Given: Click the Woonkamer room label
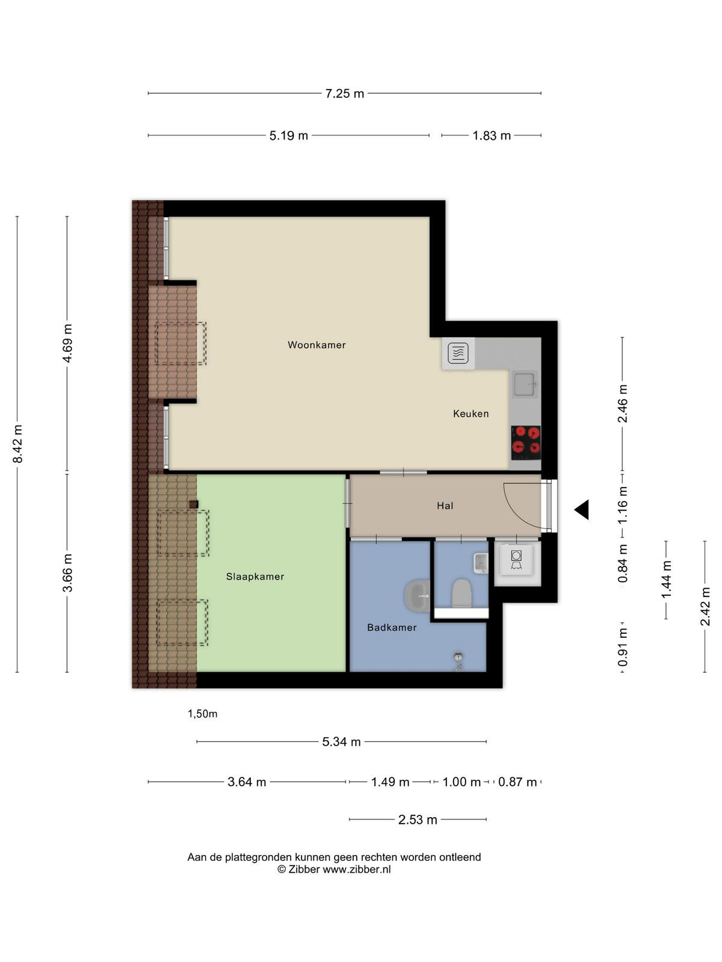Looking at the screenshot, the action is pyautogui.click(x=316, y=345).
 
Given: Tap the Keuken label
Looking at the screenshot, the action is pyautogui.click(x=471, y=413).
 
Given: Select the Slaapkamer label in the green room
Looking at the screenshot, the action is pyautogui.click(x=255, y=577).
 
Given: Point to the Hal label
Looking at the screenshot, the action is pyautogui.click(x=445, y=506).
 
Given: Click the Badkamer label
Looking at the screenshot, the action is pyautogui.click(x=392, y=627).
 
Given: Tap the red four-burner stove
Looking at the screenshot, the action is pyautogui.click(x=526, y=443).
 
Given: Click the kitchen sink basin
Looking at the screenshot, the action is pyautogui.click(x=524, y=384).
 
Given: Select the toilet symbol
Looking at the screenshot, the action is pyautogui.click(x=461, y=593).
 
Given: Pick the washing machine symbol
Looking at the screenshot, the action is pyautogui.click(x=516, y=560).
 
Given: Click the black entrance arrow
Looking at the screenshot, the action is pyautogui.click(x=582, y=510).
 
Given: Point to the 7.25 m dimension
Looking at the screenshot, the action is pyautogui.click(x=345, y=93).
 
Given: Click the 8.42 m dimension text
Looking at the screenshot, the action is pyautogui.click(x=17, y=444).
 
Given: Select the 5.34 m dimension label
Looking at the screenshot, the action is pyautogui.click(x=342, y=741).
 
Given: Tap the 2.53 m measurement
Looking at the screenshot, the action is pyautogui.click(x=418, y=820).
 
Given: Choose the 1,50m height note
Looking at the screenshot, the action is pyautogui.click(x=203, y=714).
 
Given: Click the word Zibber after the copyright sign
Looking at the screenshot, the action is pyautogui.click(x=304, y=869).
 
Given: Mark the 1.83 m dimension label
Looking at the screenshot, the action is pyautogui.click(x=492, y=135).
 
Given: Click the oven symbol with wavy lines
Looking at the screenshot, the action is pyautogui.click(x=458, y=354).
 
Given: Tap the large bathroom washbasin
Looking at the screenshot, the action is pyautogui.click(x=418, y=596).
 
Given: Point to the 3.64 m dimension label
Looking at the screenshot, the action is pyautogui.click(x=247, y=782).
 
